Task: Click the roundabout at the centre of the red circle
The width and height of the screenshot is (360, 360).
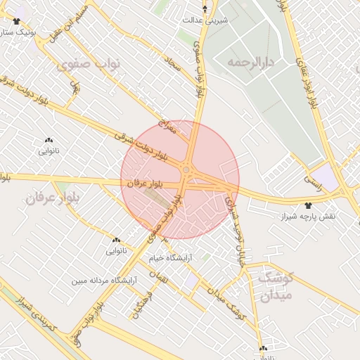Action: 186,169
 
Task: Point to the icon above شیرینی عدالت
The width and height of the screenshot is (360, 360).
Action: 205,9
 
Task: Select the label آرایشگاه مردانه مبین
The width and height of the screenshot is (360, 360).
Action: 98,281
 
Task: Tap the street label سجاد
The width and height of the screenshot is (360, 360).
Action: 172,67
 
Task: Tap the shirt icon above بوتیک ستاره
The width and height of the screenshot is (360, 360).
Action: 16,21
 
